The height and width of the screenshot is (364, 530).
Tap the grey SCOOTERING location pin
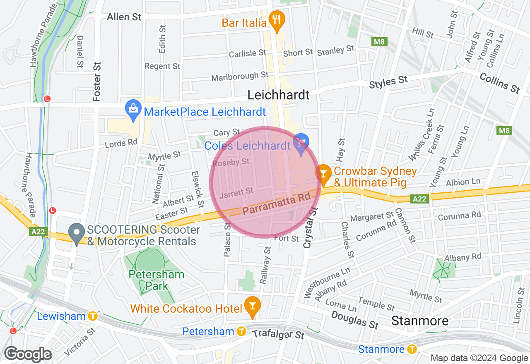(76, 233)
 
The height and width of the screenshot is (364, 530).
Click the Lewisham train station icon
(93, 316)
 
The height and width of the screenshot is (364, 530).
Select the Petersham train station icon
(241, 331)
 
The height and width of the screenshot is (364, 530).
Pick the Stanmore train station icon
(412, 349)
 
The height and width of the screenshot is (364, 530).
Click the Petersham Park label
(157, 280)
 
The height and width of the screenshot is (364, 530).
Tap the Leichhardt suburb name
(278, 95)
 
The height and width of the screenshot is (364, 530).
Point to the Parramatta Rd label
(276, 205)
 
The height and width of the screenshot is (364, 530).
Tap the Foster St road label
(97, 81)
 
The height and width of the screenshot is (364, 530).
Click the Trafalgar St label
(278, 334)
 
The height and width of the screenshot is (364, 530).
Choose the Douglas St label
(355, 319)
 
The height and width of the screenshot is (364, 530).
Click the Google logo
(28, 354)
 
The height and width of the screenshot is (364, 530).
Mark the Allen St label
(124, 17)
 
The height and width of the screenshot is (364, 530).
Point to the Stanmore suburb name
(420, 321)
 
